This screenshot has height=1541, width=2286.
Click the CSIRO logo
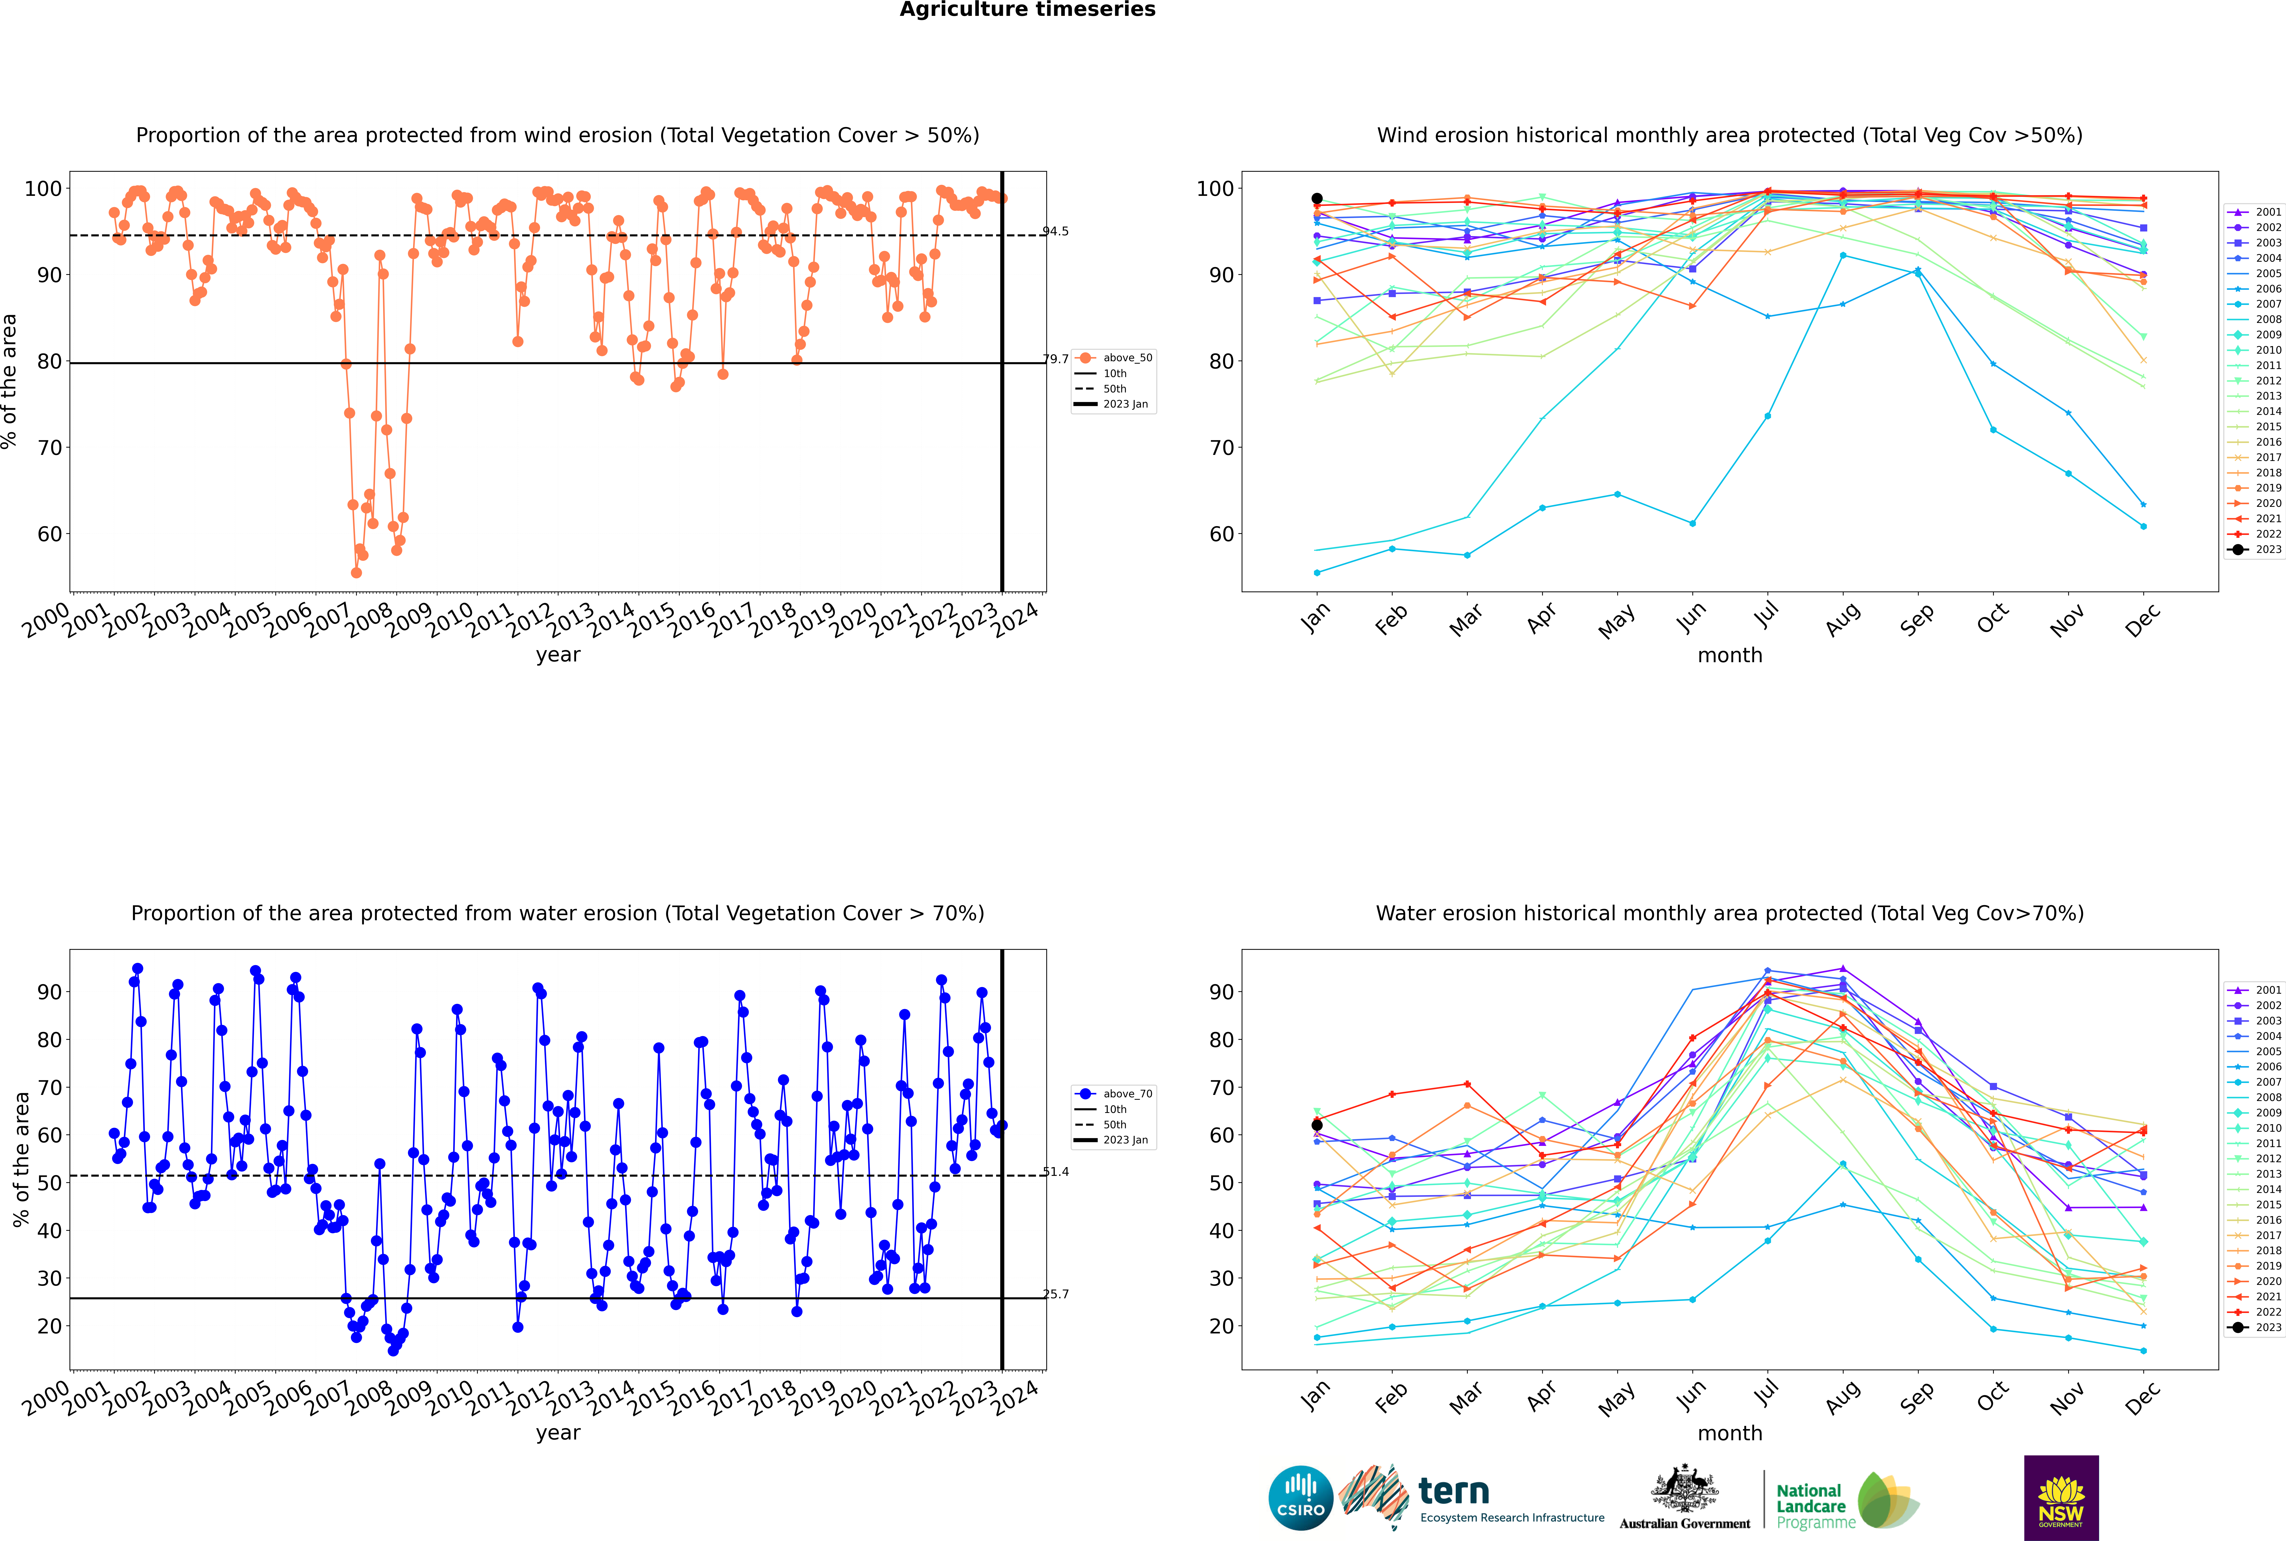point(1300,1498)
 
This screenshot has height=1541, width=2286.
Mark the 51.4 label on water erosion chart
point(1056,1171)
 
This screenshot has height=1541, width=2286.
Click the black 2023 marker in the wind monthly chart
point(1317,199)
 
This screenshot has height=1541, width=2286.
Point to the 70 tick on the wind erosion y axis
point(49,448)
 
